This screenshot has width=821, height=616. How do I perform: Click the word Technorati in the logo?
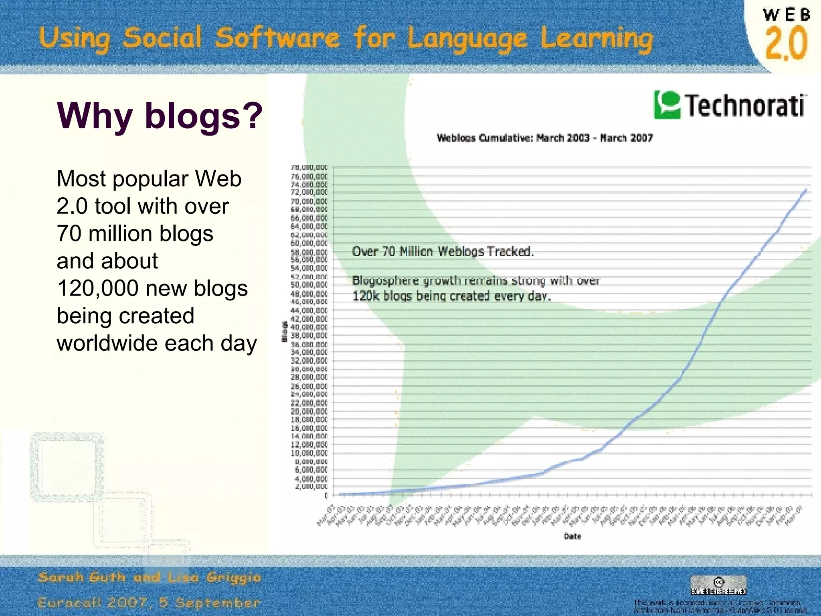[x=745, y=105]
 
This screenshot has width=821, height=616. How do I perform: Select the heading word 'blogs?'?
[x=204, y=115]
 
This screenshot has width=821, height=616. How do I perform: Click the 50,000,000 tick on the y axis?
[x=309, y=285]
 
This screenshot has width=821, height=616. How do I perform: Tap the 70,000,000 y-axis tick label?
[x=309, y=201]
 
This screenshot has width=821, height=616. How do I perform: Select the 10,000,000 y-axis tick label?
[x=309, y=453]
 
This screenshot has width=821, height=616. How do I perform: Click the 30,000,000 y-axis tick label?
[x=309, y=369]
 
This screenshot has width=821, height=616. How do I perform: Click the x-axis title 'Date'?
[x=572, y=536]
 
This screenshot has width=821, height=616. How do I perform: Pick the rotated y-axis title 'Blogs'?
[x=285, y=331]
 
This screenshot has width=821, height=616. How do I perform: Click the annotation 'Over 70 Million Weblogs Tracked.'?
[x=443, y=252]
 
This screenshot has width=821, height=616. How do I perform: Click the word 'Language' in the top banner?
[x=467, y=39]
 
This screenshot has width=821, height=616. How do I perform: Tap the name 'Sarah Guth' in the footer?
[x=82, y=577]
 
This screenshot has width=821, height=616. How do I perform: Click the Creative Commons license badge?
[x=718, y=585]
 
